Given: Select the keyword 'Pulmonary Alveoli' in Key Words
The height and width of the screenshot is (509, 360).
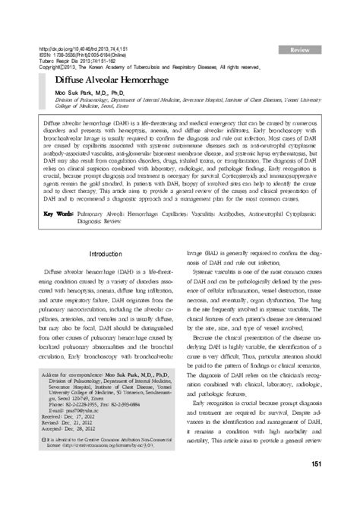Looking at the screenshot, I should tap(108, 193).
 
